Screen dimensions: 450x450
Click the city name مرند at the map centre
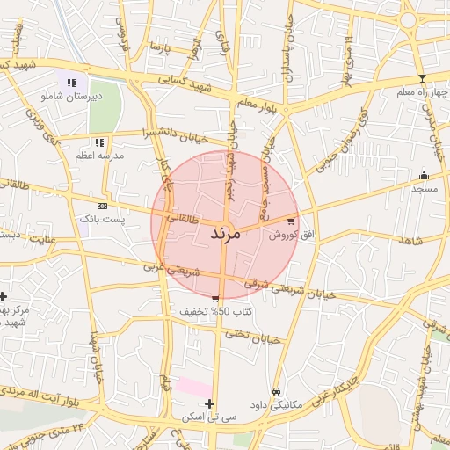pos(225,234)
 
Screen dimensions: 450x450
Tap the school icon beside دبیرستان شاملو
pos(72,83)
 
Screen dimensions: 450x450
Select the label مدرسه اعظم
pos(99,156)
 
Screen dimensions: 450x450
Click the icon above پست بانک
pos(103,205)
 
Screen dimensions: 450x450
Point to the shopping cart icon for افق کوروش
pos(291,221)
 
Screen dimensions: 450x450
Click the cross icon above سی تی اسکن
pos(208,403)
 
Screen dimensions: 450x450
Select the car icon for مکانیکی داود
pos(276,391)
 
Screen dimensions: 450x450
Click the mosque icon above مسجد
pos(424,175)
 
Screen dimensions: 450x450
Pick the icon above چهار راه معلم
pos(422,78)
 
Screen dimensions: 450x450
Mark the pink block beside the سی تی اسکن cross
pos(194,387)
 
